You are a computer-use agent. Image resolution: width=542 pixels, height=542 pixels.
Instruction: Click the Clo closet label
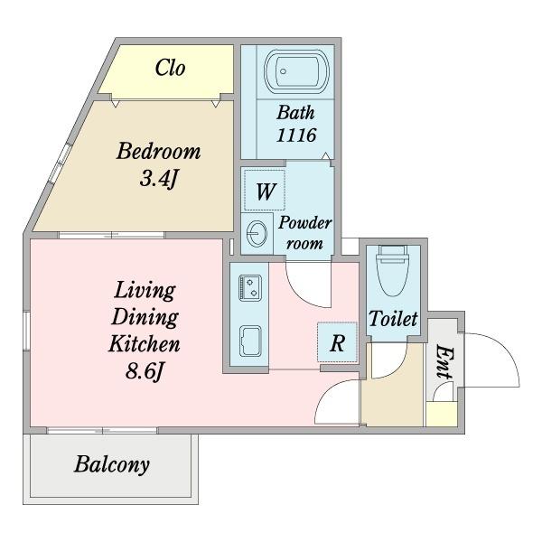[170, 68]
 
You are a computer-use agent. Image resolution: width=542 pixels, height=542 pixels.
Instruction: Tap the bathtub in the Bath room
[296, 71]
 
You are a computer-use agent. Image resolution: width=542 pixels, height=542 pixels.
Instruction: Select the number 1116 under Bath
[296, 135]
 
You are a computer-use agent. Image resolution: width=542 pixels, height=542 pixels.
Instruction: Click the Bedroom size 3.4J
[159, 179]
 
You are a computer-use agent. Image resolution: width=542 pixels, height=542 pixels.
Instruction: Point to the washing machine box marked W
[265, 190]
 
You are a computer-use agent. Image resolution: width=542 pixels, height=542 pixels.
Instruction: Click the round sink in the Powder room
[257, 233]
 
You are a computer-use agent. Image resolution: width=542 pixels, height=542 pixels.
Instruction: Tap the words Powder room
[305, 233]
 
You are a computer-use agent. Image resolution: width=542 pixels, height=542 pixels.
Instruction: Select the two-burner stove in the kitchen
[250, 287]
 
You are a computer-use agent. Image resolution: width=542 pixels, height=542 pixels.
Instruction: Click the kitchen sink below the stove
[250, 341]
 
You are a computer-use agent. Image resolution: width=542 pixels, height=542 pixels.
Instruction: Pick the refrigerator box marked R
[337, 342]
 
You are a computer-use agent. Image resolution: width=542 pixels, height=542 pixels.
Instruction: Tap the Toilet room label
[393, 319]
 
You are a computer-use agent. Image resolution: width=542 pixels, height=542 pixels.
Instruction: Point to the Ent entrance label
[444, 361]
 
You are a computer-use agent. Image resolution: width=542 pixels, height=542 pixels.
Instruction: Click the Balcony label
[112, 464]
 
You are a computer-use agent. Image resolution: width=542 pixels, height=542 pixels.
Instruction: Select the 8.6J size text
[144, 372]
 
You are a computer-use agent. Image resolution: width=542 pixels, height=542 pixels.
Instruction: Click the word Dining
[145, 317]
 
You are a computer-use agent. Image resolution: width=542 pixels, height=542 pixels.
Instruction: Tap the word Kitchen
[145, 343]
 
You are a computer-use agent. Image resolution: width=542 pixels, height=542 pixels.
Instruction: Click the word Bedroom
[159, 151]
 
